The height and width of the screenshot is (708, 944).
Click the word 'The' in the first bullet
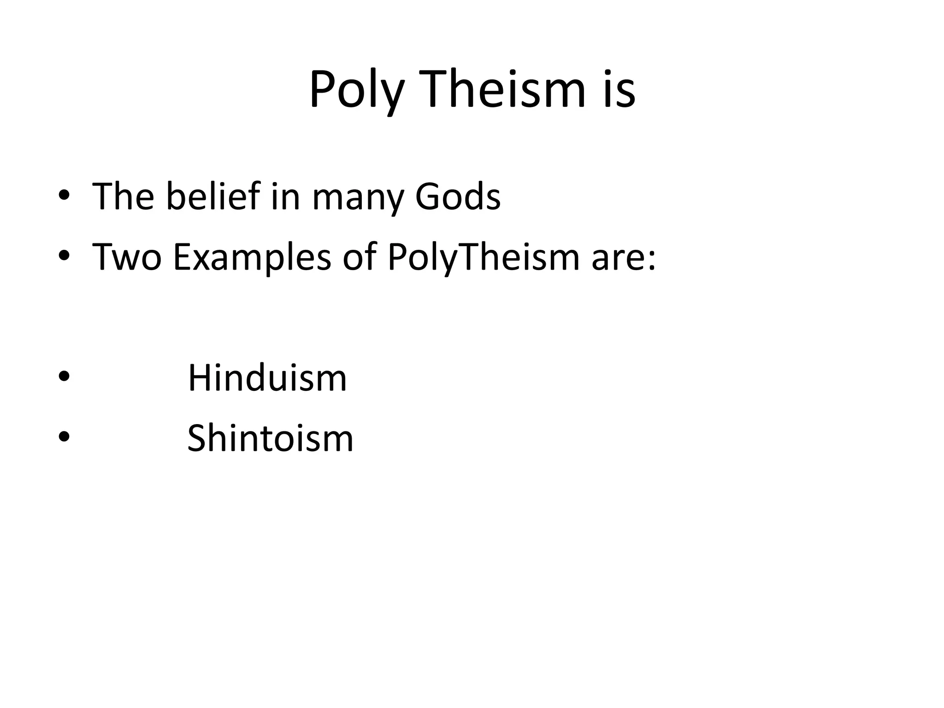[x=123, y=196]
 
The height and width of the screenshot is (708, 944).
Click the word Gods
[x=457, y=196]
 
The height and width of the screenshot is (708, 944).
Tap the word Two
[x=127, y=257]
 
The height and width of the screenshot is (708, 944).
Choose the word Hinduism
[x=267, y=378]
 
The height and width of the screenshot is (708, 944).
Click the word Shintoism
[x=270, y=438]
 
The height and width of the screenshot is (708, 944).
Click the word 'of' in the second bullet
[x=360, y=257]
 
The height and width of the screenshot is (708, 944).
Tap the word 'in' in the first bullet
[x=286, y=196]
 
